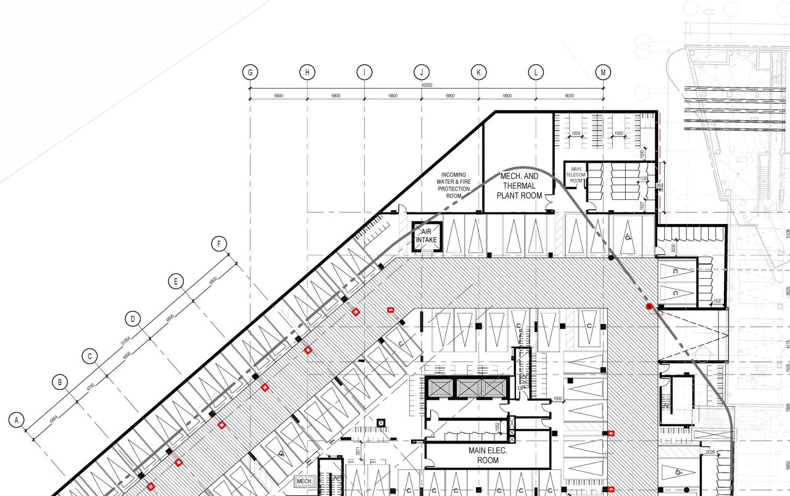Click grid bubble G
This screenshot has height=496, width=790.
[x=250, y=72]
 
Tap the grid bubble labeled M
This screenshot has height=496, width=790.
[x=603, y=72]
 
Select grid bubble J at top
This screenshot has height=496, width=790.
[x=422, y=72]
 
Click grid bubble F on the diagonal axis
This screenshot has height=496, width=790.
[x=218, y=244]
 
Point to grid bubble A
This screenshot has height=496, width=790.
[x=17, y=420]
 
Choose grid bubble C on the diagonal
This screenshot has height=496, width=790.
[x=90, y=356]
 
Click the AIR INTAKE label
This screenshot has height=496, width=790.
[x=426, y=236]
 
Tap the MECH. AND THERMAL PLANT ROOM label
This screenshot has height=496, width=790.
[x=519, y=186]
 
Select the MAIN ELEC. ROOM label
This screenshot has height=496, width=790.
[x=488, y=455]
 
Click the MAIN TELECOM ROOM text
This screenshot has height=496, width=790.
[x=576, y=175]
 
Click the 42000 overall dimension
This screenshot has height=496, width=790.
[x=426, y=85]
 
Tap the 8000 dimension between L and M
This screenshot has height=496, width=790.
[x=569, y=96]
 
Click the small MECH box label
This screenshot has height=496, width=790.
[x=304, y=481]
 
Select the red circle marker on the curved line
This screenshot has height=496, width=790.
[x=649, y=307]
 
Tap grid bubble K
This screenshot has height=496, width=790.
[x=478, y=72]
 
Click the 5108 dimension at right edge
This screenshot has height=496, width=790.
[x=787, y=234]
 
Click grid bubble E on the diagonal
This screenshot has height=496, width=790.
[x=176, y=282]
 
